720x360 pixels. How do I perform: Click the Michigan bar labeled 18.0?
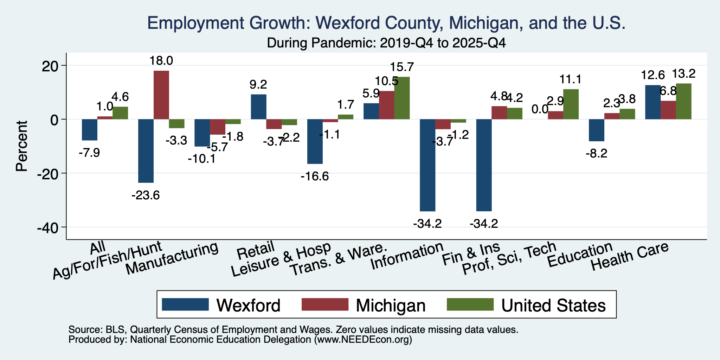pyautogui.click(x=161, y=95)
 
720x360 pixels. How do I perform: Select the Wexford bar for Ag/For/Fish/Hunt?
pyautogui.click(x=146, y=151)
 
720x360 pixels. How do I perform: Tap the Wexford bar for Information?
pyautogui.click(x=427, y=165)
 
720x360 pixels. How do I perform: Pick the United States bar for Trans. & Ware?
pyautogui.click(x=402, y=98)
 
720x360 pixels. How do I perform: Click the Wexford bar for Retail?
pyautogui.click(x=258, y=107)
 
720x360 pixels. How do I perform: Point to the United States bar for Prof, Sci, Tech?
pyautogui.click(x=571, y=104)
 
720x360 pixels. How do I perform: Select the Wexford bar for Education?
pyautogui.click(x=597, y=130)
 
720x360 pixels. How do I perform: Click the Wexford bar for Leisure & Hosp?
pyautogui.click(x=315, y=141)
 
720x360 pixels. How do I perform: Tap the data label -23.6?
pyautogui.click(x=146, y=195)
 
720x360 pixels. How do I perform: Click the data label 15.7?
pyautogui.click(x=402, y=67)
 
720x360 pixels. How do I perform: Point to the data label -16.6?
pyautogui.click(x=315, y=176)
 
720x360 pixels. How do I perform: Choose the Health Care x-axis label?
pyautogui.click(x=629, y=256)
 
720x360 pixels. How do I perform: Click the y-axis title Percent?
pyautogui.click(x=22, y=146)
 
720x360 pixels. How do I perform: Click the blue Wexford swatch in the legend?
pyautogui.click(x=186, y=304)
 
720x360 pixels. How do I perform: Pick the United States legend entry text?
pyautogui.click(x=553, y=306)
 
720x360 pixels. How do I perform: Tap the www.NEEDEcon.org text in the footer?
pyautogui.click(x=363, y=340)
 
